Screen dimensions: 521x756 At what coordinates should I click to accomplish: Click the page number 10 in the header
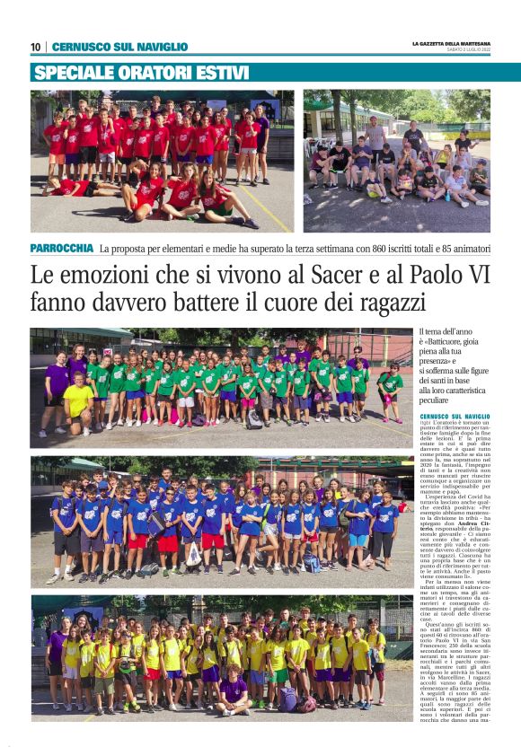coord(35,47)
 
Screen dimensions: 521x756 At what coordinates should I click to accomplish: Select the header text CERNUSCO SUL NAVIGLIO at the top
coord(119,47)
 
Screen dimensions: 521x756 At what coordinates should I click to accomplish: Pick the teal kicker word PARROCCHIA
coord(61,247)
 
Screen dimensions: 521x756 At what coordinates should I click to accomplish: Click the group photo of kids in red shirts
coord(162,162)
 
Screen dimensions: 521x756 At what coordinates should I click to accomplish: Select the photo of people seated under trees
coord(396,162)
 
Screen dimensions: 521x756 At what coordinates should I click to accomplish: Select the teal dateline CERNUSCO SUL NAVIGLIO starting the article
coord(455,417)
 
